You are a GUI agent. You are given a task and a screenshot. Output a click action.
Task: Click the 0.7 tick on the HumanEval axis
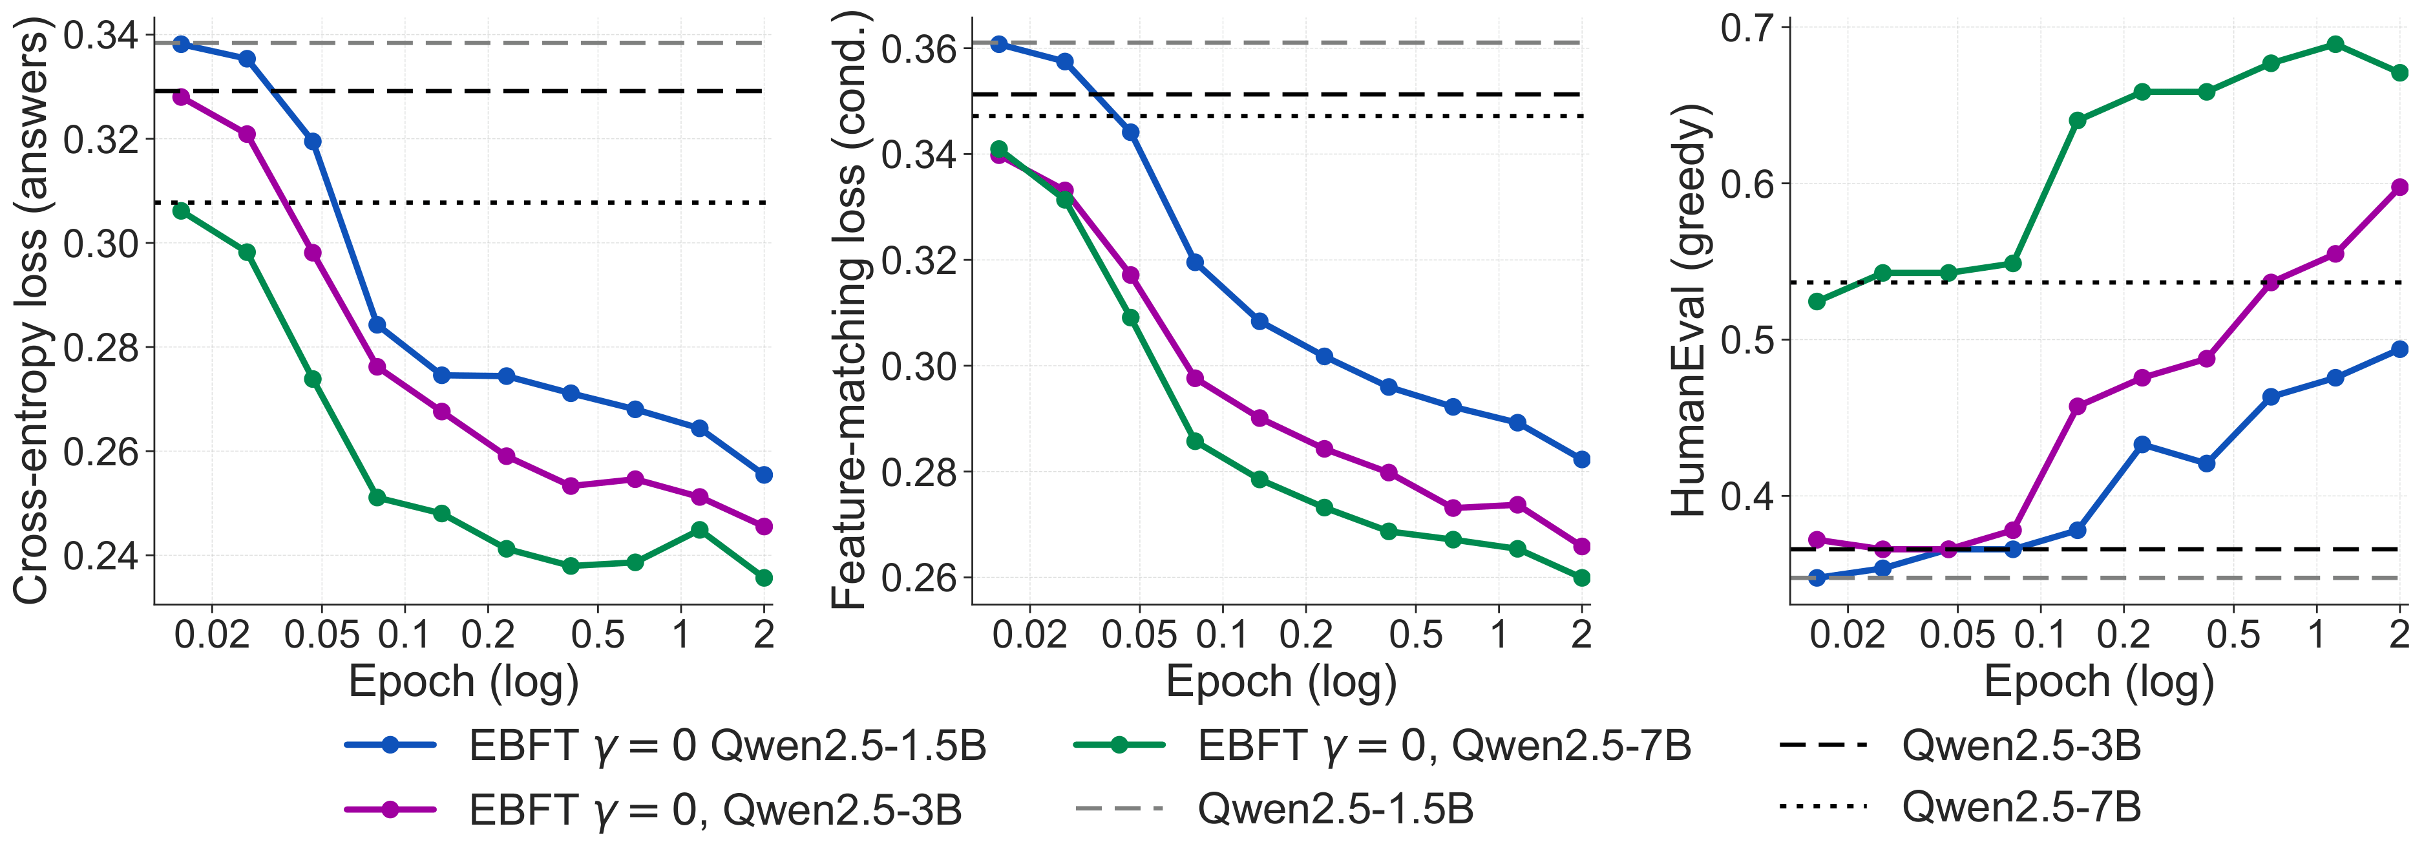1747,28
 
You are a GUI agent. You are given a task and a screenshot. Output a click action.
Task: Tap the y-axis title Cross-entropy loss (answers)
30,315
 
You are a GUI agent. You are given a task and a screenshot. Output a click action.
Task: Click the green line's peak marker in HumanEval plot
2335,44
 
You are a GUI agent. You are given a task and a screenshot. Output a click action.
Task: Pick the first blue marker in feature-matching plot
999,44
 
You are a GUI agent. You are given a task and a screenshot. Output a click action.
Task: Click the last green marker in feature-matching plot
1582,578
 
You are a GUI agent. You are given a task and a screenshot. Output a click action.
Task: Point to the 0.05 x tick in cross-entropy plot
321,635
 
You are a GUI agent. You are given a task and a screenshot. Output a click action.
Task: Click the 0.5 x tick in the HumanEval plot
2233,635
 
